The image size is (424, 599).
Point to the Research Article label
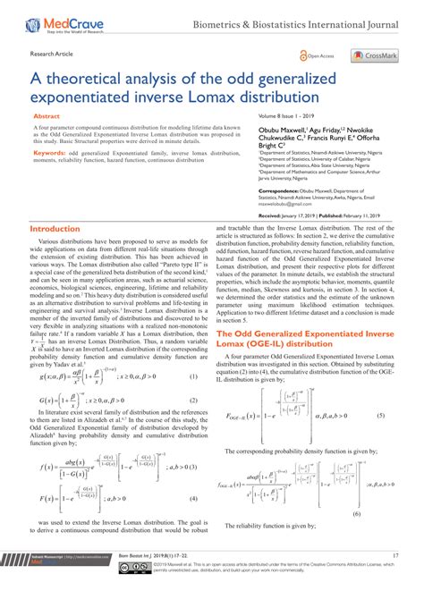coord(53,54)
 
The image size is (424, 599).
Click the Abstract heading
coord(47,116)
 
